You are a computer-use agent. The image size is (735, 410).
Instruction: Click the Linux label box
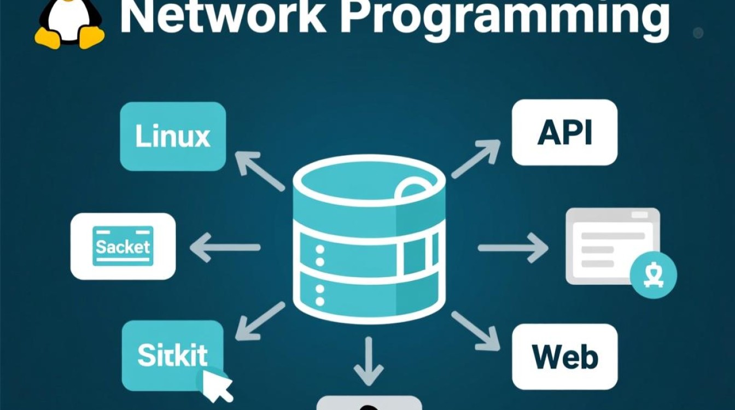click(173, 136)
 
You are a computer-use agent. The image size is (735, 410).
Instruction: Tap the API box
click(564, 132)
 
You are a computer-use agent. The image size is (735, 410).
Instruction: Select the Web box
click(564, 356)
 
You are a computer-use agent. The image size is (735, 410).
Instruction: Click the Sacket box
click(123, 247)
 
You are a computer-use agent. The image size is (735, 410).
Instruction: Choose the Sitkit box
click(172, 355)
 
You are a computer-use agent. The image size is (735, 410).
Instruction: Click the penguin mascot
click(69, 22)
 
